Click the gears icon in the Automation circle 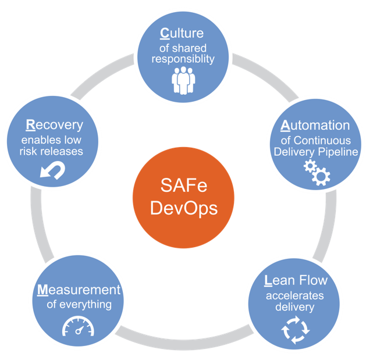tap(317, 172)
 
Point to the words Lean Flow tap(296, 280)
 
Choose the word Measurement tap(79, 290)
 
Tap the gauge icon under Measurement tap(79, 327)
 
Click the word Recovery tap(54, 125)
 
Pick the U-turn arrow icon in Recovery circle tap(52, 170)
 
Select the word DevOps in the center tap(183, 208)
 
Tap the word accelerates tap(295, 295)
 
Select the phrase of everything tap(79, 304)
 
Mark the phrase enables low tap(53, 140)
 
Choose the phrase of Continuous tap(315, 140)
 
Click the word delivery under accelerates tap(295, 306)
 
